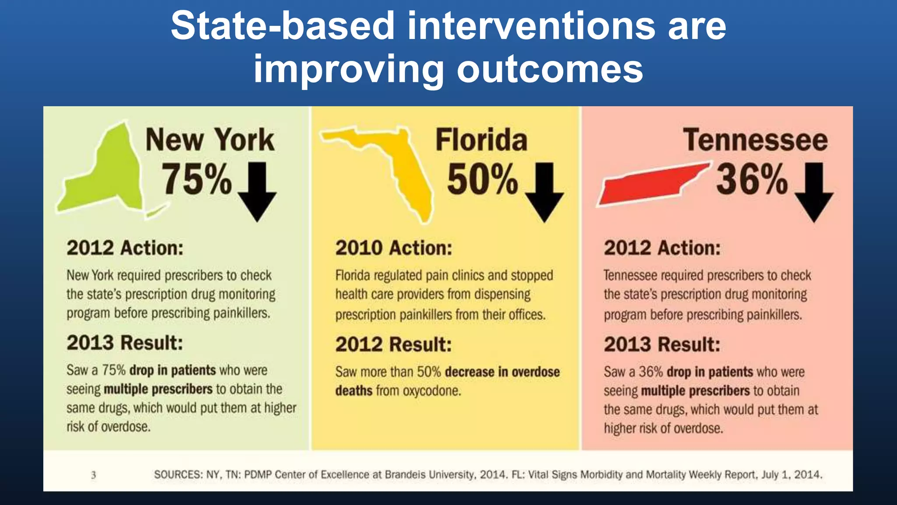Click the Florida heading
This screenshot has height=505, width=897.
tap(481, 140)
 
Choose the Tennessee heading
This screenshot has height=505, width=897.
tap(755, 140)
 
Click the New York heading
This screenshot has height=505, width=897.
tap(210, 140)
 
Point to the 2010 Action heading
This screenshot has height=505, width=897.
tap(393, 248)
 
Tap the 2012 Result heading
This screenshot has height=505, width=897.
tap(393, 345)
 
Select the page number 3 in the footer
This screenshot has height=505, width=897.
tap(93, 475)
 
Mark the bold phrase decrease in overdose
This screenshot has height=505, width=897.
tap(502, 372)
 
